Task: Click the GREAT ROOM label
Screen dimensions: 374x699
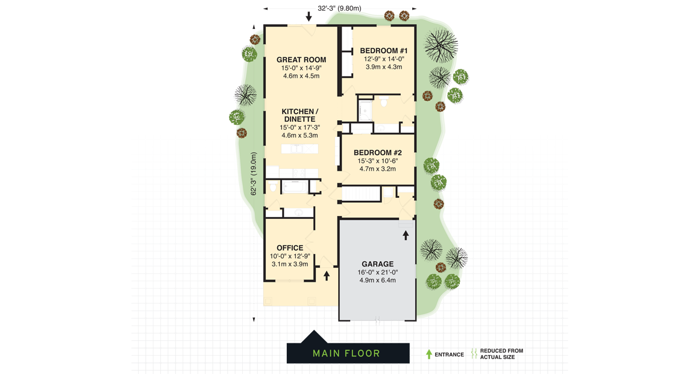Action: [301, 60]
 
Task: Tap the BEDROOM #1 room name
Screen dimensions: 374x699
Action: [384, 51]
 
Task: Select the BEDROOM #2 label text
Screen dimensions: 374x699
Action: [377, 153]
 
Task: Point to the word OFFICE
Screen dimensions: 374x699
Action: [290, 248]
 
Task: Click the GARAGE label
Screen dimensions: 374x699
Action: [377, 264]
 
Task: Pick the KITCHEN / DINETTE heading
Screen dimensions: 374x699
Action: [299, 115]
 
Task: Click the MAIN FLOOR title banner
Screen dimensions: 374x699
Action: [346, 353]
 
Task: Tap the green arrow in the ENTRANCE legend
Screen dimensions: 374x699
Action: [429, 354]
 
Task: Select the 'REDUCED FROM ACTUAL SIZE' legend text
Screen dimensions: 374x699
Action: [501, 354]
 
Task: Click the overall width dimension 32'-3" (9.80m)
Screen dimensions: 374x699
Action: [339, 8]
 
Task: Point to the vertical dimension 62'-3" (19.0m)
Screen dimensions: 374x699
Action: [254, 174]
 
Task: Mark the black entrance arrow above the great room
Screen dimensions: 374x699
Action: [309, 16]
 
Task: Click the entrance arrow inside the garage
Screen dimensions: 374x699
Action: [406, 235]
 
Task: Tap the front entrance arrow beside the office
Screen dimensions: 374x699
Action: [327, 276]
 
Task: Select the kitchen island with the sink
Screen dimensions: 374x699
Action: [299, 149]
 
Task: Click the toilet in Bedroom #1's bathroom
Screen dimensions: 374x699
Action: [383, 104]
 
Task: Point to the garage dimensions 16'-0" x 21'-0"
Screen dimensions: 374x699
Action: [377, 272]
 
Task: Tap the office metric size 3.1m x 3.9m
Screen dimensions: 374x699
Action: [290, 264]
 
